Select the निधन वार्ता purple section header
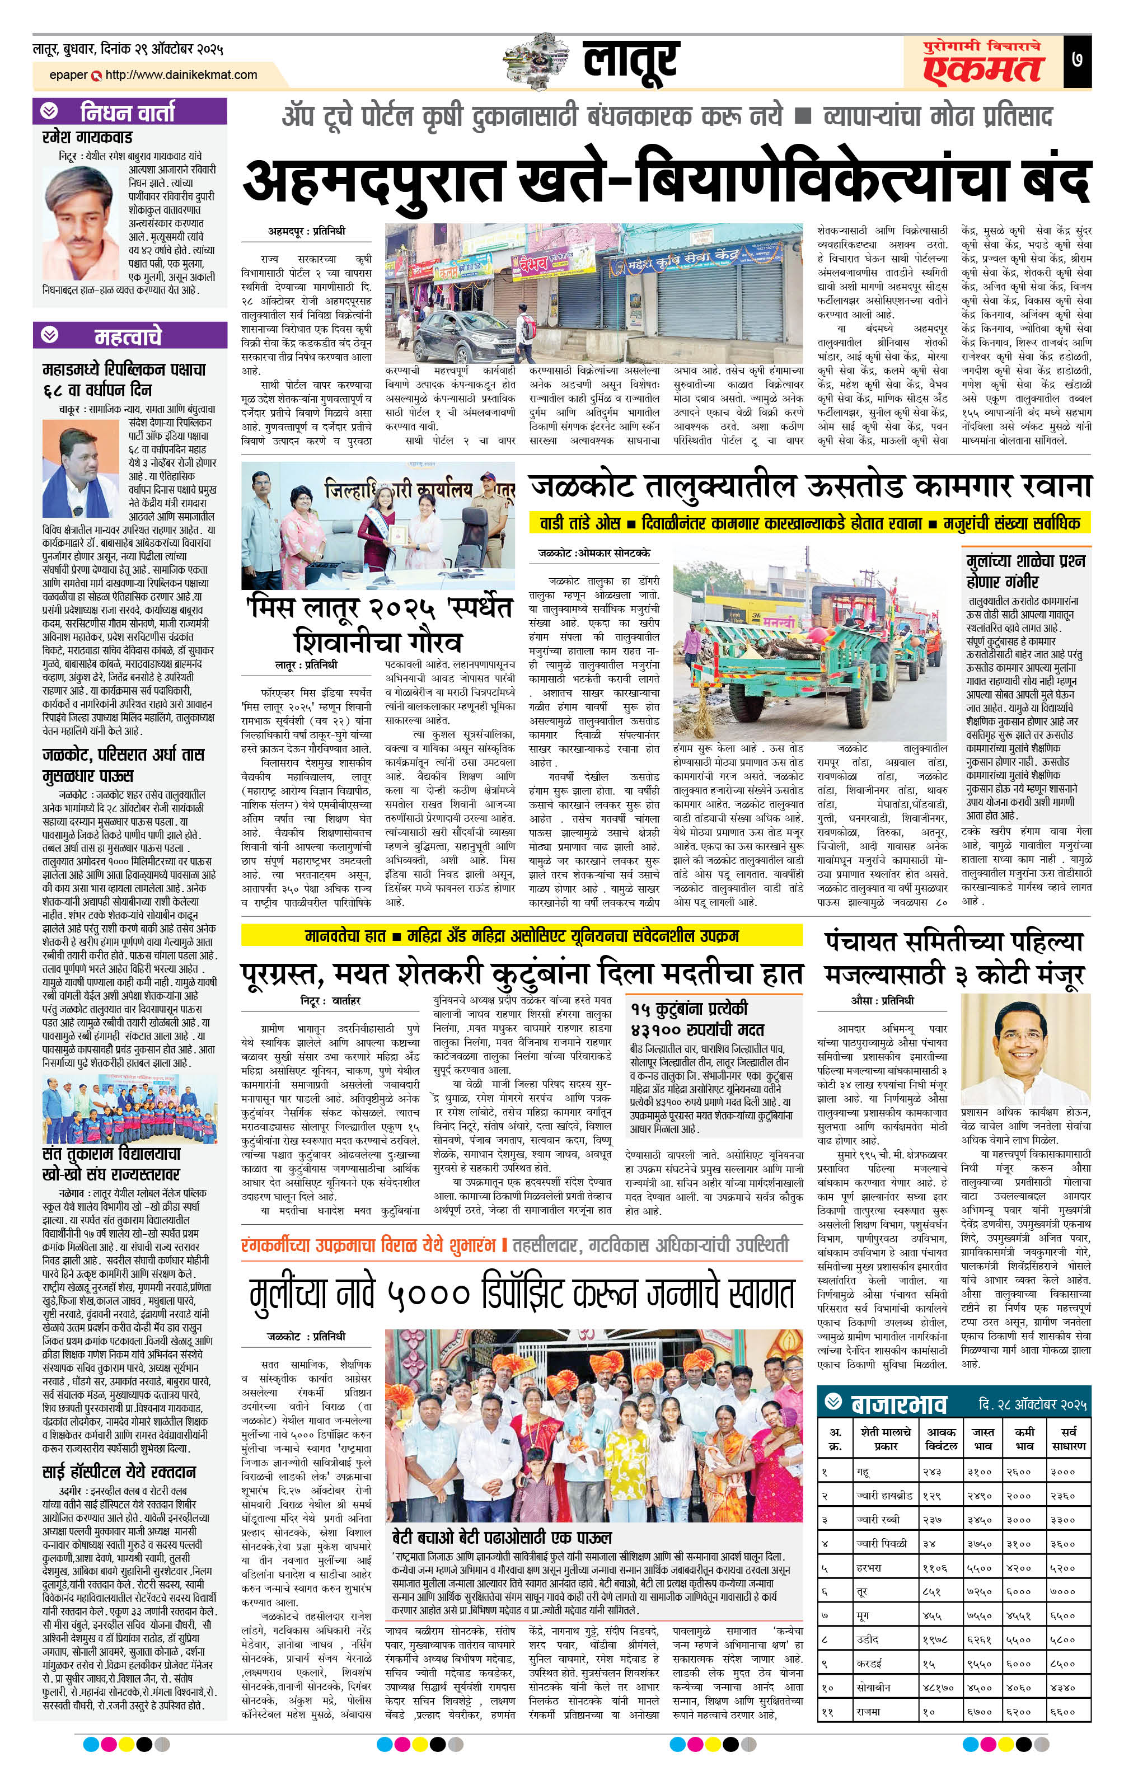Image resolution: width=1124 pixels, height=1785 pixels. [129, 112]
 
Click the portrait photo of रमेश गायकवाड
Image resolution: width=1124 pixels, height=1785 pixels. [82, 213]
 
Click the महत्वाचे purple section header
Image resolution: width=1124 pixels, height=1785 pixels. [129, 336]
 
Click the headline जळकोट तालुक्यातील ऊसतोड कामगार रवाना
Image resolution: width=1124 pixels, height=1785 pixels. [811, 486]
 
